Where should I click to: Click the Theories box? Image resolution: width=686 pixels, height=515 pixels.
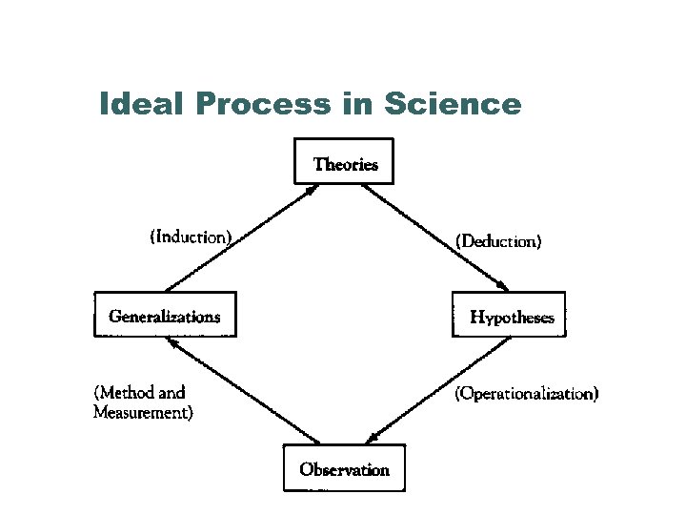point(345,164)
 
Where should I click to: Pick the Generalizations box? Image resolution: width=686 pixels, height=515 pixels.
point(164,316)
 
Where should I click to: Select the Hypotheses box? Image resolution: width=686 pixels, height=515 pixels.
point(511,317)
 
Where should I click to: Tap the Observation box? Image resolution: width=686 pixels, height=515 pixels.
point(344,469)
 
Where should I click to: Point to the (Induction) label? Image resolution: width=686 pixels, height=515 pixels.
point(191,236)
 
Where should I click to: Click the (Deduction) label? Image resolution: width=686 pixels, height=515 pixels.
point(499,241)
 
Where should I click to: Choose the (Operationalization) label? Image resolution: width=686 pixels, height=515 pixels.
point(527,393)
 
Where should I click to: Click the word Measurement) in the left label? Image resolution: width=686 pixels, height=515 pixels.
point(143,413)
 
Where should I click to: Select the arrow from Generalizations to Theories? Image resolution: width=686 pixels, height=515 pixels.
point(240,239)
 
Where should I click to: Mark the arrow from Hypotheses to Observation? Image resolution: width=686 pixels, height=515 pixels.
point(438,391)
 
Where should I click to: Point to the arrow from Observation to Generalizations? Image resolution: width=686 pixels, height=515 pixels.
point(243,391)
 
